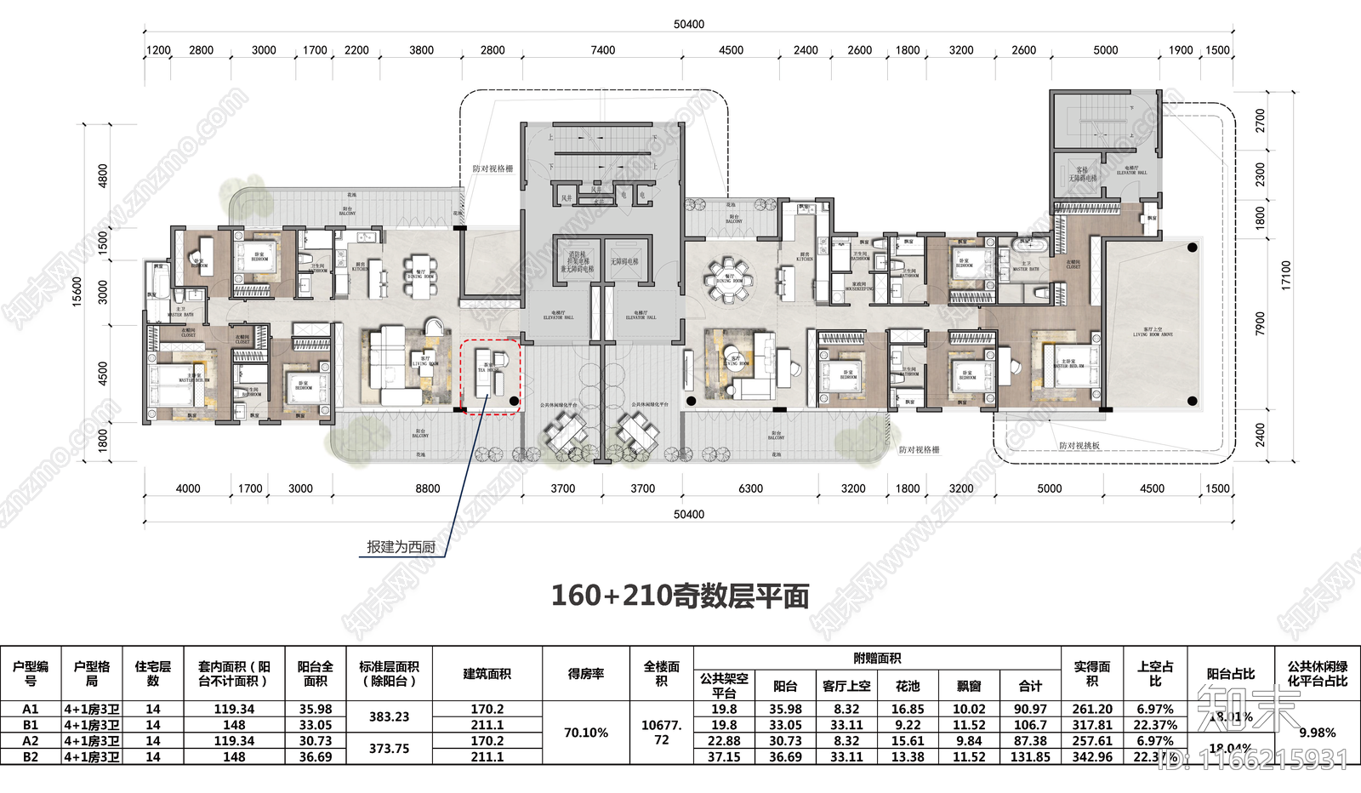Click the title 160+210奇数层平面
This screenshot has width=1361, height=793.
pyautogui.click(x=680, y=596)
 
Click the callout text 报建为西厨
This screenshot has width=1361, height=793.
pyautogui.click(x=401, y=547)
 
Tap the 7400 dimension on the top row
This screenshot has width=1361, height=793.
pyautogui.click(x=602, y=50)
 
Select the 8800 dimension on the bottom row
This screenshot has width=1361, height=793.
pyautogui.click(x=427, y=488)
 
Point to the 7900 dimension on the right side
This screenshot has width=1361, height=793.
pyautogui.click(x=1260, y=323)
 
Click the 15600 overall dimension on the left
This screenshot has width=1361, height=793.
pyautogui.click(x=77, y=291)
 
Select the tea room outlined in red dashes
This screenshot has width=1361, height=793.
pyautogui.click(x=490, y=376)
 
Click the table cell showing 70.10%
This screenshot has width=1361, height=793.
pyautogui.click(x=586, y=733)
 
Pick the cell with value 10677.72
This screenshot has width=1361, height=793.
pyautogui.click(x=661, y=733)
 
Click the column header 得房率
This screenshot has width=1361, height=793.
pyautogui.click(x=586, y=674)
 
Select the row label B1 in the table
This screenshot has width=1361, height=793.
pyautogui.click(x=31, y=725)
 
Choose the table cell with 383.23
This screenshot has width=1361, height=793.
pyautogui.click(x=389, y=716)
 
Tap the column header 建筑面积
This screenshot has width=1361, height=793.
pyautogui.click(x=487, y=674)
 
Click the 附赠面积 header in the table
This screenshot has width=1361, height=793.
pyautogui.click(x=877, y=658)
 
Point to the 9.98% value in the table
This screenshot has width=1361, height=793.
pyautogui.click(x=1317, y=733)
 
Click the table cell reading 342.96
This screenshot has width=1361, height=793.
pyautogui.click(x=1092, y=756)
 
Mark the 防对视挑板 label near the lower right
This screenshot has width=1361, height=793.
pyautogui.click(x=1079, y=446)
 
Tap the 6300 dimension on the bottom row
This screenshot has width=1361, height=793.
pyautogui.click(x=750, y=488)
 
